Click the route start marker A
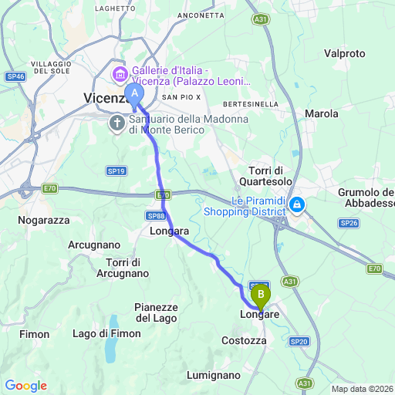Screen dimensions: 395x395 [135, 95]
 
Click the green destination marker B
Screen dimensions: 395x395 [261, 294]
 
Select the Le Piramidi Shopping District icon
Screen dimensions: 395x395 [298, 205]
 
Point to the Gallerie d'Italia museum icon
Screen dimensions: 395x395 [120, 75]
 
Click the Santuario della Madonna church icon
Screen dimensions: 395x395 [116, 123]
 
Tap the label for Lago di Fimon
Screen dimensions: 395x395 [106, 333]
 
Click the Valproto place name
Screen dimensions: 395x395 [345, 53]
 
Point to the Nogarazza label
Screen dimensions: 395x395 [43, 220]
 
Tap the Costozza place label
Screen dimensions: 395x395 [244, 340]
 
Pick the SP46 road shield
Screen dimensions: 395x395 [15, 76]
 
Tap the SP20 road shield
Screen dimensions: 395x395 [299, 340]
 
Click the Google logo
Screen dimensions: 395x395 [25, 386]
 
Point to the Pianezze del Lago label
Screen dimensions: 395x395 [156, 312]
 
